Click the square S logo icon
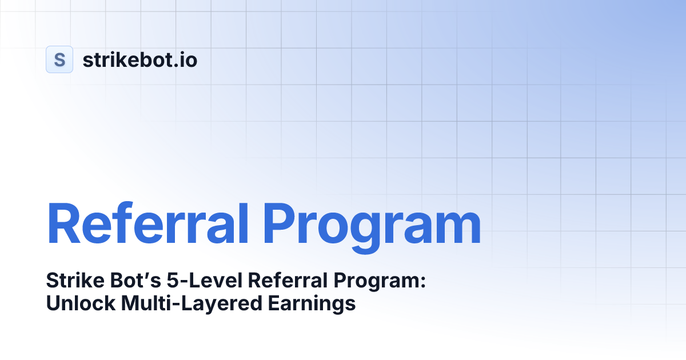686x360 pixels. point(59,59)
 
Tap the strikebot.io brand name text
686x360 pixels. point(140,59)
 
